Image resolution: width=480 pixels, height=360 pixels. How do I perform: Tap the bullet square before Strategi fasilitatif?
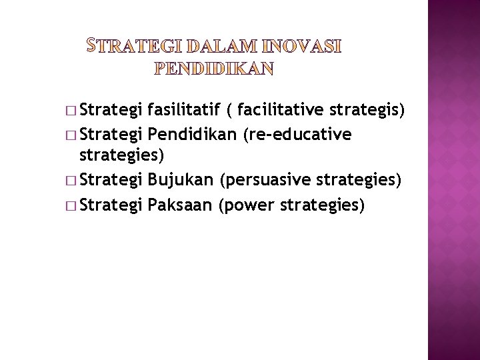pyautogui.click(x=71, y=111)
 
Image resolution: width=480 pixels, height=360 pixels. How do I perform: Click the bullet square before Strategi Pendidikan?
pyautogui.click(x=71, y=135)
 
